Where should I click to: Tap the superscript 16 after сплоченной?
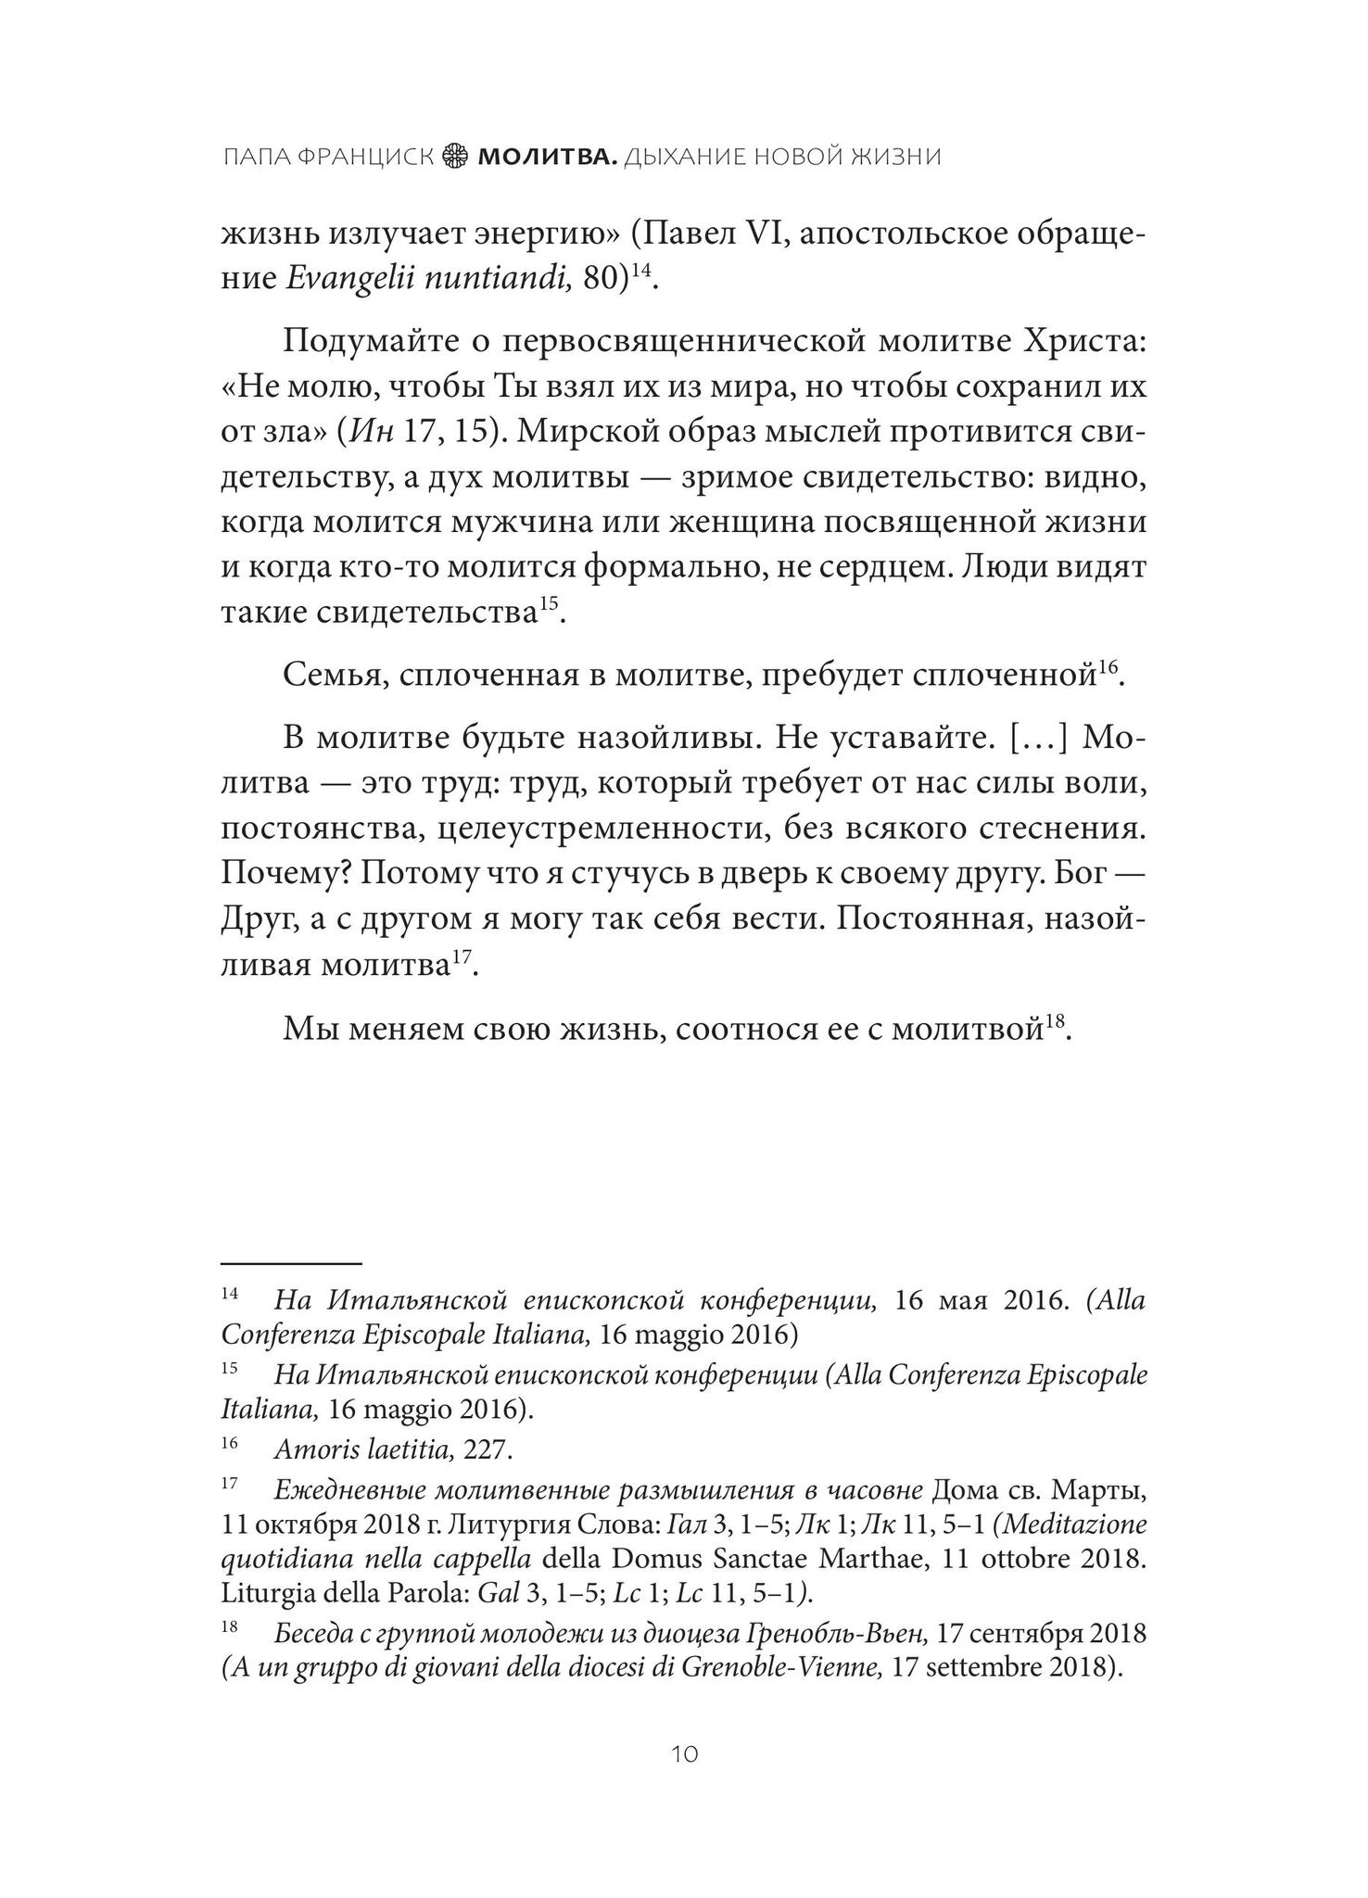click(1109, 667)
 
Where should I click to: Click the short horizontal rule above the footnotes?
click(290, 1262)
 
